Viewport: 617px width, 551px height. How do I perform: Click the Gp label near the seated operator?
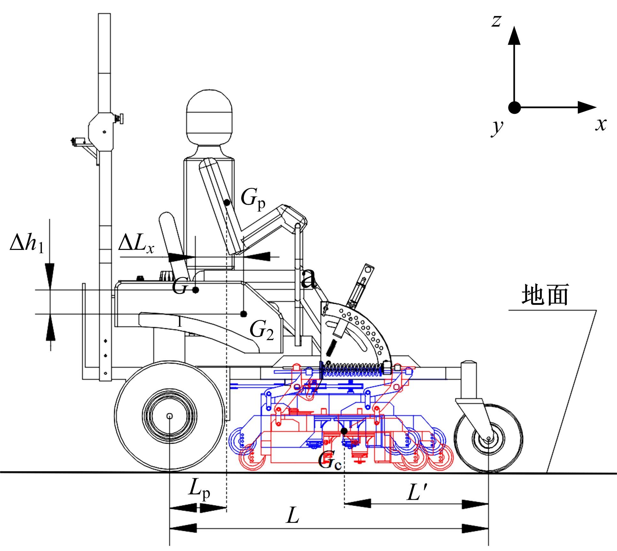(253, 200)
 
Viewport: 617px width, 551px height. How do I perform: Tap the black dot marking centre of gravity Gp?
(227, 202)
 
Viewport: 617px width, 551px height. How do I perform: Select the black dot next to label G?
(196, 290)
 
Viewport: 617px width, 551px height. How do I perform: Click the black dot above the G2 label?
(243, 314)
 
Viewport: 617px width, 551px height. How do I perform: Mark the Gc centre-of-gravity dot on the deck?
(344, 431)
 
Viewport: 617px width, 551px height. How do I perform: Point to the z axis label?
(496, 21)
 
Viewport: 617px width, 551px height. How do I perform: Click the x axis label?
(601, 124)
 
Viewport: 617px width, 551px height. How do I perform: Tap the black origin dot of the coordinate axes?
(514, 108)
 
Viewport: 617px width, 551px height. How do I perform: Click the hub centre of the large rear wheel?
(170, 416)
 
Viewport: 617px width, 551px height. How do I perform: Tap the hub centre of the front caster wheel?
(489, 439)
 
